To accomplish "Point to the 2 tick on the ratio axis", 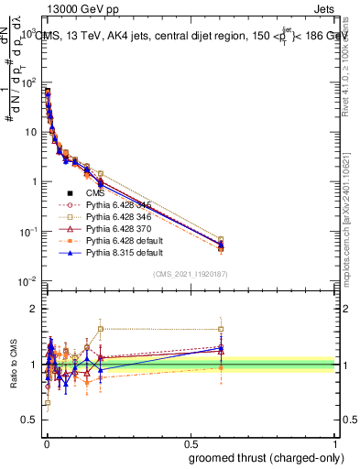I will (33, 309).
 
